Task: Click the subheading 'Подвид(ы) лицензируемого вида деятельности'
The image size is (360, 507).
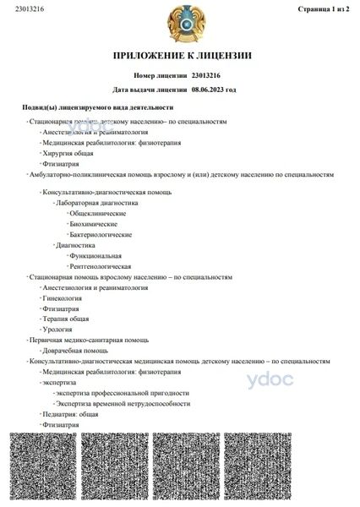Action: pyautogui.click(x=98, y=108)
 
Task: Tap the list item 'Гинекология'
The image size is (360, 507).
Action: pyautogui.click(x=62, y=298)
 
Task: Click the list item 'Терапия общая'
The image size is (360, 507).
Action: pyautogui.click(x=65, y=319)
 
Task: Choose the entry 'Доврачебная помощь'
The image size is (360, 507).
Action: pyautogui.click(x=74, y=351)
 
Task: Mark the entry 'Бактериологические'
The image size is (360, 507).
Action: pyautogui.click(x=101, y=234)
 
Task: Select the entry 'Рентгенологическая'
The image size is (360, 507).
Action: pyautogui.click(x=101, y=266)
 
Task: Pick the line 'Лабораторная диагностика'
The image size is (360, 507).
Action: pyautogui.click(x=96, y=204)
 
